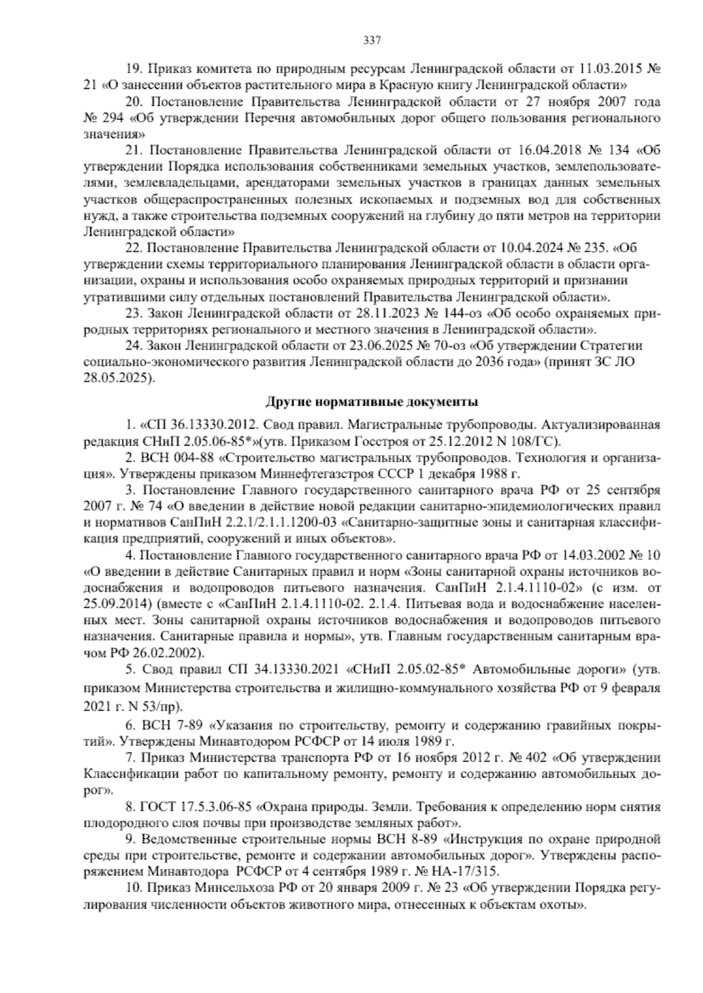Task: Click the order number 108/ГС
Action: click(x=522, y=440)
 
